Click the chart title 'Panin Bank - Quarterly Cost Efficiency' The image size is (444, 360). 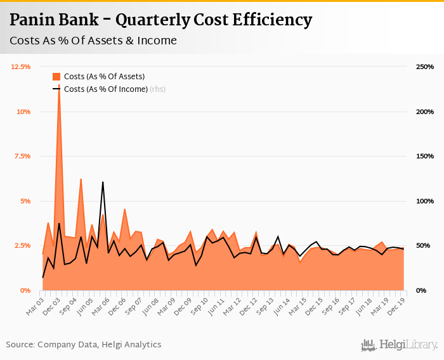pyautogui.click(x=160, y=20)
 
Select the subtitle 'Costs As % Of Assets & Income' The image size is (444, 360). pyautogui.click(x=93, y=41)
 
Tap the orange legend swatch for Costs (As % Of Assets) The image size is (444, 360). pyautogui.click(x=56, y=77)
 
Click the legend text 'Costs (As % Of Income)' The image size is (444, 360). pyautogui.click(x=105, y=89)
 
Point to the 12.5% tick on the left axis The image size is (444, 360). pyautogui.click(x=21, y=67)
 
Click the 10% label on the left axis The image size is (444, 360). pyautogui.click(x=23, y=112)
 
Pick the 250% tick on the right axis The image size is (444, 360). pyautogui.click(x=425, y=67)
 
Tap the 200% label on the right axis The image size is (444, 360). pyautogui.click(x=425, y=112)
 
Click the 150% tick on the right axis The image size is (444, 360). pyautogui.click(x=425, y=156)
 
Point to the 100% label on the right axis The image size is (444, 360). pyautogui.click(x=425, y=201)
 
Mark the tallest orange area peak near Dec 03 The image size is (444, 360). pyautogui.click(x=59, y=85)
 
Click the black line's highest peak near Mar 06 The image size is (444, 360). pyautogui.click(x=103, y=183)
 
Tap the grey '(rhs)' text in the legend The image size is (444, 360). pyautogui.click(x=157, y=89)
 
